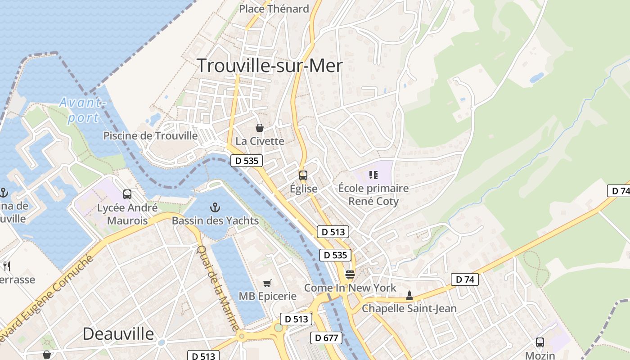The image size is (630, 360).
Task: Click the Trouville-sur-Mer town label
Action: click(270, 66)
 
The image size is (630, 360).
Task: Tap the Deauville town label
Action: click(118, 334)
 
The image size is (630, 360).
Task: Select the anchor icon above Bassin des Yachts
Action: click(215, 207)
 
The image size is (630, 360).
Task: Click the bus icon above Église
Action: click(303, 175)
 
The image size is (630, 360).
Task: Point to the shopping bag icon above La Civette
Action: click(259, 128)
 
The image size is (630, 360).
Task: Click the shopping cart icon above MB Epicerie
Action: click(267, 283)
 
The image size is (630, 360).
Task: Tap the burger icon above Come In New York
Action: click(350, 274)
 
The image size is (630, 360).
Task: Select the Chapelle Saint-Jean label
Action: click(409, 309)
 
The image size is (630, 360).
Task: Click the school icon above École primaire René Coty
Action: click(373, 175)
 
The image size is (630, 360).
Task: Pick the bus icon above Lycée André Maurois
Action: click(127, 194)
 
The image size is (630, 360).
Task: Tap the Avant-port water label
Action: click(83, 110)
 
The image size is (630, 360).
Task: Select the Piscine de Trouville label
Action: click(150, 135)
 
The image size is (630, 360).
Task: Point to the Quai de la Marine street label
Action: click(218, 288)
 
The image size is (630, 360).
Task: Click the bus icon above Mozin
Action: click(540, 342)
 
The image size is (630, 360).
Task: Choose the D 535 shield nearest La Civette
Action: click(247, 161)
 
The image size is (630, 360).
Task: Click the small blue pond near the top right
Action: click(537, 78)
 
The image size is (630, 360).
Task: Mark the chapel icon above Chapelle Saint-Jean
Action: click(409, 296)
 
